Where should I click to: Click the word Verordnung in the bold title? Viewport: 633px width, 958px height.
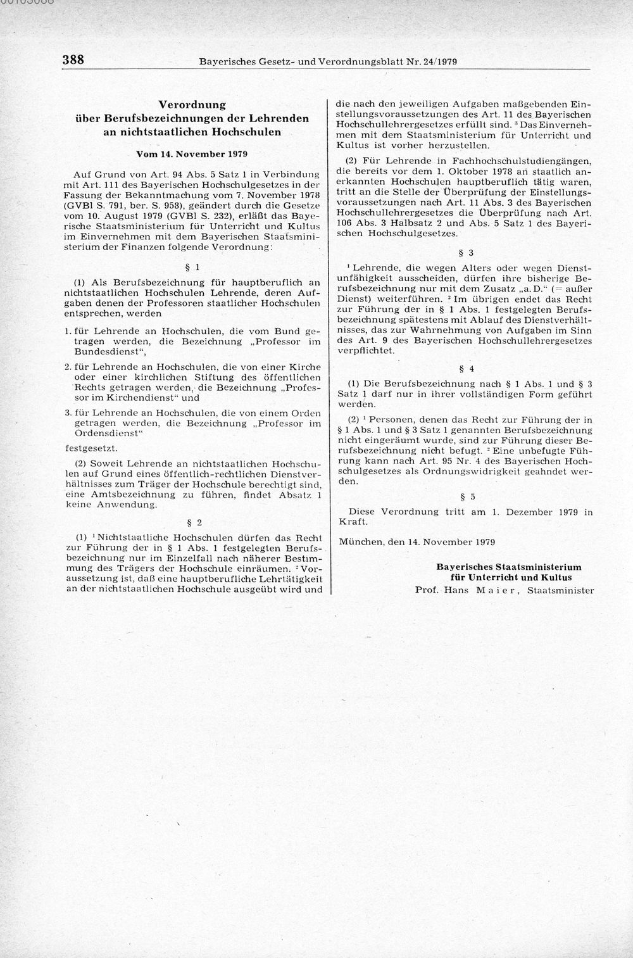tap(192, 104)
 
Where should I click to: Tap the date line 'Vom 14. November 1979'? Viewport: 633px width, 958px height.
tap(192, 154)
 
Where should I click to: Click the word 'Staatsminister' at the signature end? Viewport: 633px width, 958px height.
tap(555, 589)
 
